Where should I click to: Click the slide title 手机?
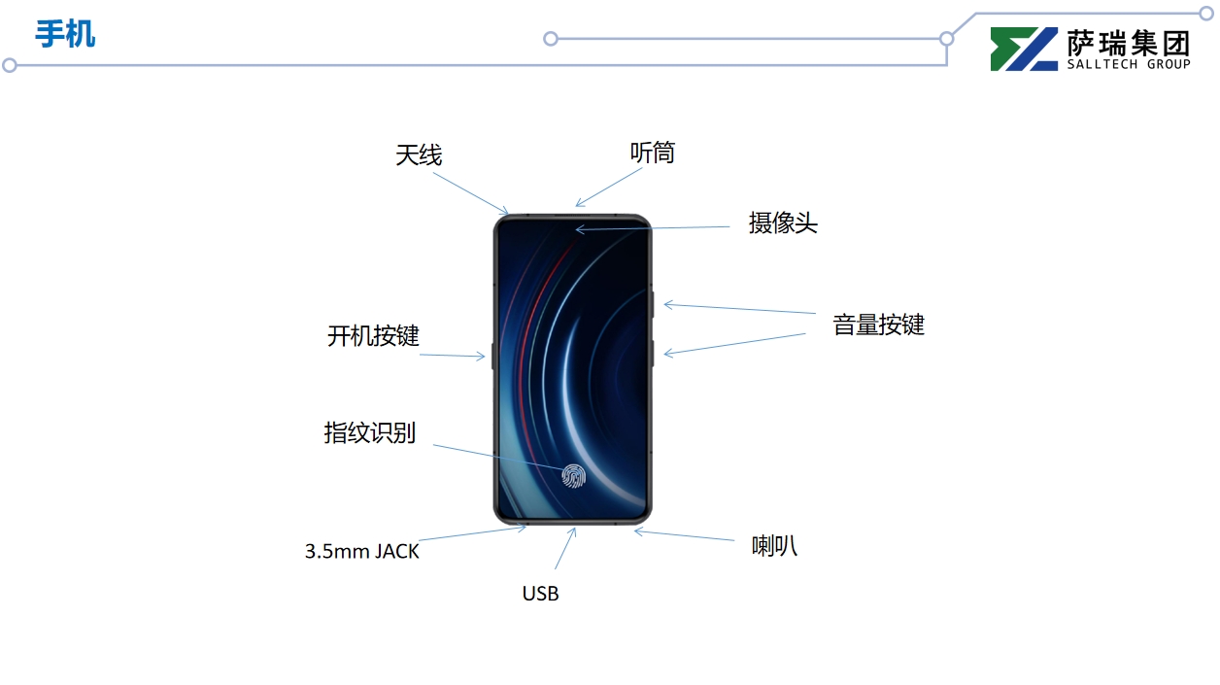[65, 34]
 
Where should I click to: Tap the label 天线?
[419, 154]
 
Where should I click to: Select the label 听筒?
[652, 153]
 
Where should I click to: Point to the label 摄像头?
[783, 223]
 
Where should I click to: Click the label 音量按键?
[878, 325]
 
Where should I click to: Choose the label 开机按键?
[373, 336]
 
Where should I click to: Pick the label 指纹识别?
[369, 432]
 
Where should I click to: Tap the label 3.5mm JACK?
[362, 551]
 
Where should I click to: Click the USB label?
[540, 593]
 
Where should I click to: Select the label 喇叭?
[774, 546]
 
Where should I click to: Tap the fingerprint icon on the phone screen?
[573, 475]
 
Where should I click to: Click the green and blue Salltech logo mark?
[1024, 49]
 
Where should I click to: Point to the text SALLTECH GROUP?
[1128, 64]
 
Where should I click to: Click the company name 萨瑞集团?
[1128, 42]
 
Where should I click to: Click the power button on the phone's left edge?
[493, 356]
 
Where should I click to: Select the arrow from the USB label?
[564, 549]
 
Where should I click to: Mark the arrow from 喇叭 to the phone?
[685, 535]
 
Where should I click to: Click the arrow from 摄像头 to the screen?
[653, 228]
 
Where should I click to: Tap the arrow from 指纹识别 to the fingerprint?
[497, 460]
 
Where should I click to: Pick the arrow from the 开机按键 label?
[453, 356]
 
